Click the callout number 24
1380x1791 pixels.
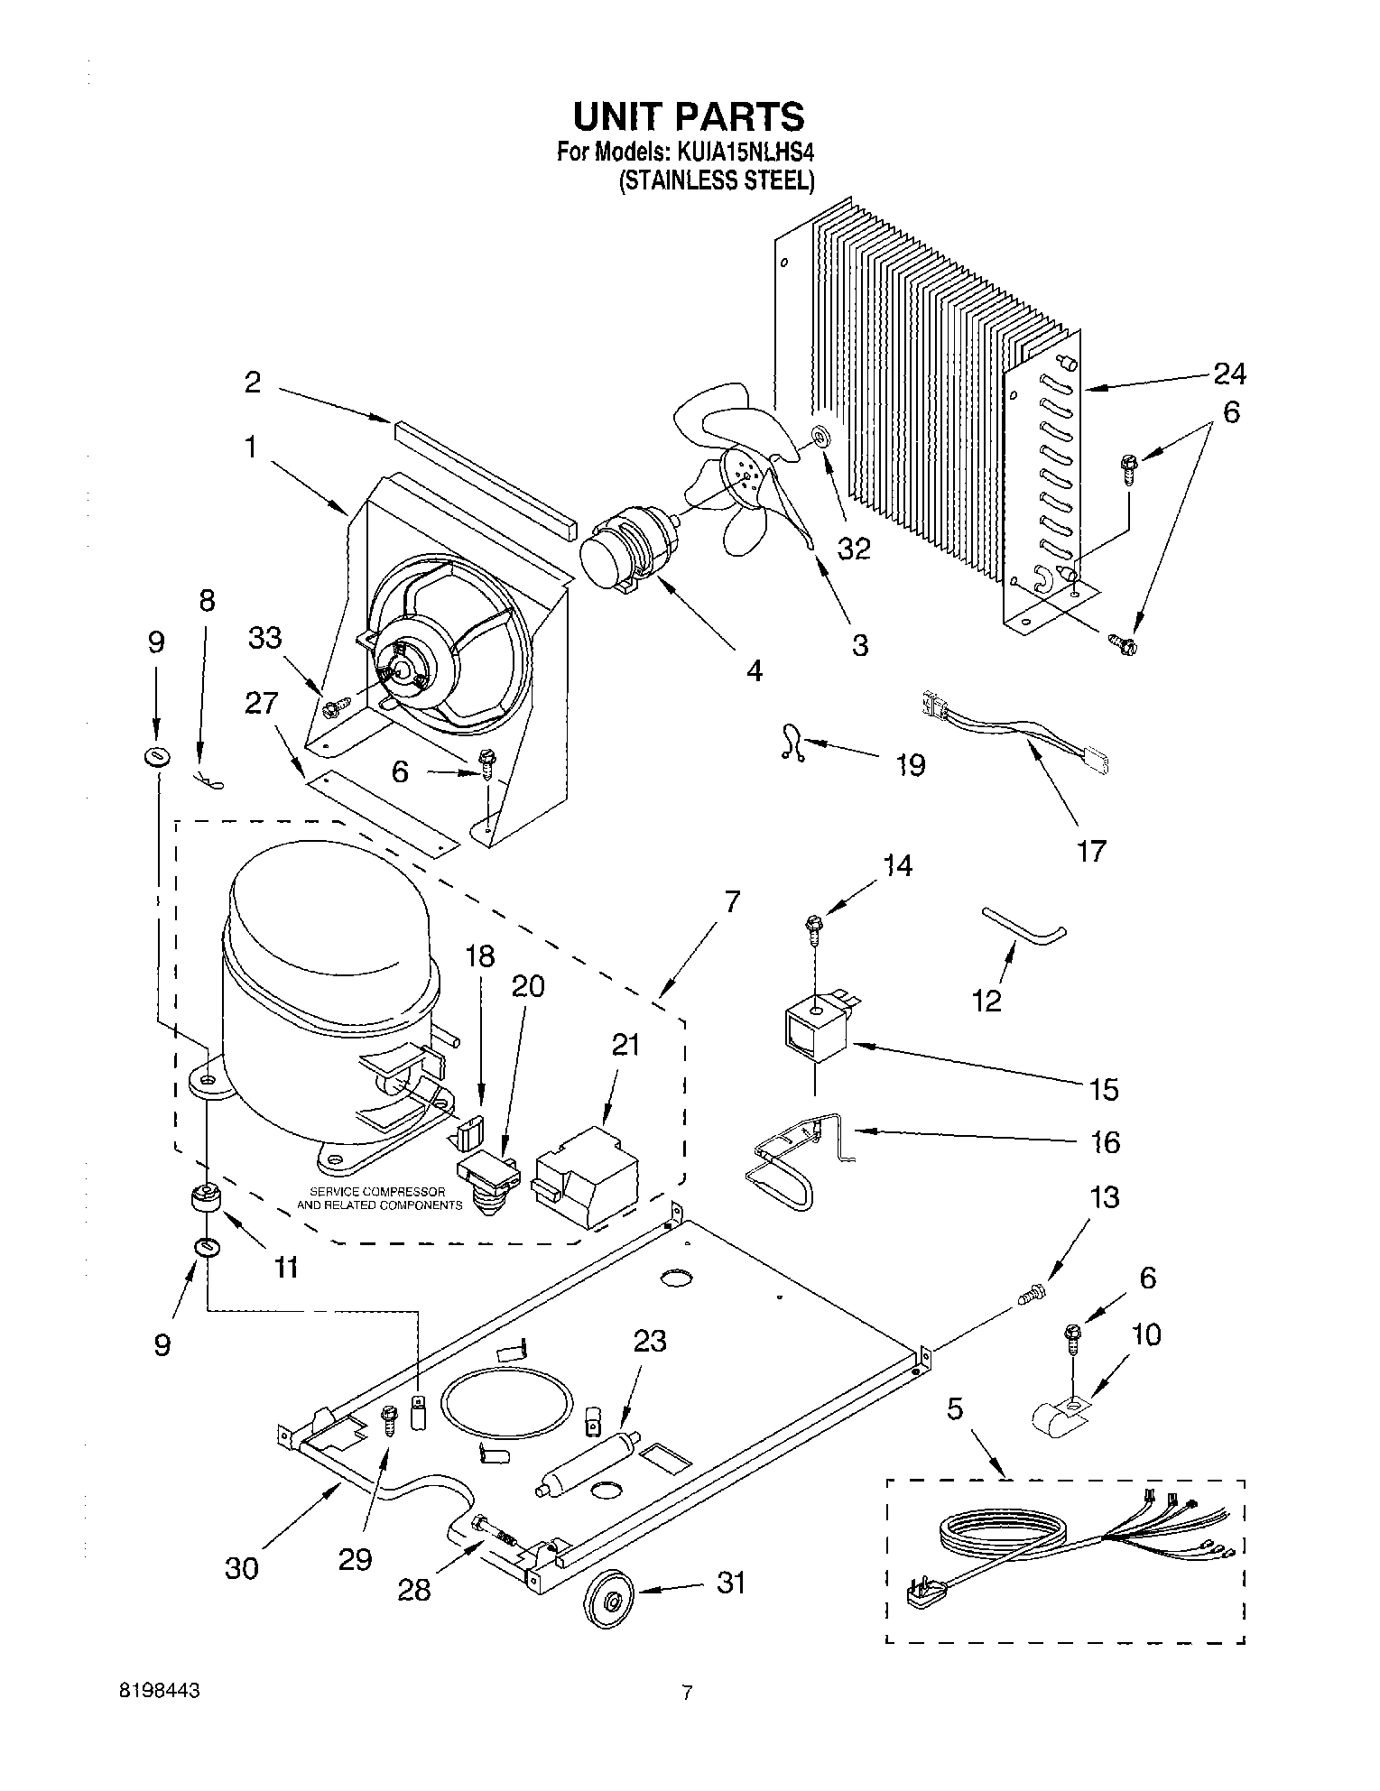click(1229, 373)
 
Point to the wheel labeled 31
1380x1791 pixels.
click(611, 1602)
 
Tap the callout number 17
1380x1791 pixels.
click(1091, 850)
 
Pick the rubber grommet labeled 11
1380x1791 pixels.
click(207, 1198)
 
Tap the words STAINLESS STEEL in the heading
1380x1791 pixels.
click(717, 180)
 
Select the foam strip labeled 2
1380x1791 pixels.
click(486, 477)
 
